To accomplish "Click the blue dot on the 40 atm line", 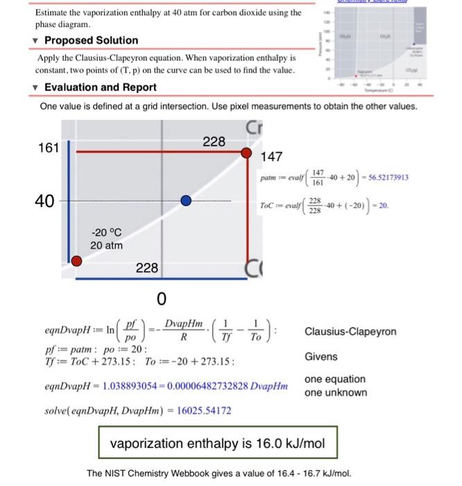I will [x=185, y=201].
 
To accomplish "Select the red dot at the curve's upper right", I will [x=246, y=153].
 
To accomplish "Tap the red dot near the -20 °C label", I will [x=77, y=261].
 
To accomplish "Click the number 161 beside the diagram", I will [x=48, y=147].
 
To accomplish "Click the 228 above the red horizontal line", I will [x=214, y=142].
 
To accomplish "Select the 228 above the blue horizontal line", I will [x=147, y=268].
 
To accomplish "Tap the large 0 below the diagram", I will [x=161, y=300].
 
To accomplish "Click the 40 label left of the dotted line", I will [x=45, y=201].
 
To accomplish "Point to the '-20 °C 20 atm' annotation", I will [x=106, y=239].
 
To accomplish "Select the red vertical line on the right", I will [x=246, y=215].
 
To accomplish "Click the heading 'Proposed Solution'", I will [x=91, y=40].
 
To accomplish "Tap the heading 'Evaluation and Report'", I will [x=101, y=87].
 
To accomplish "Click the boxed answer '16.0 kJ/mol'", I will [x=214, y=442].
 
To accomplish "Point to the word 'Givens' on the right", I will [x=320, y=357].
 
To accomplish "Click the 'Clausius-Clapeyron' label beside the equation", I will [x=350, y=331].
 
